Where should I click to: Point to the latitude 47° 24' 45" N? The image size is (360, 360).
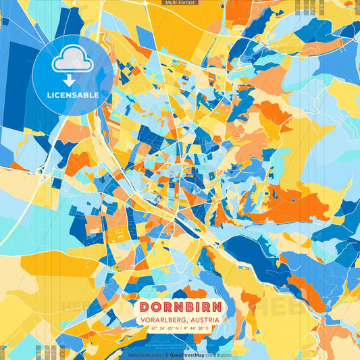(x=166, y=328)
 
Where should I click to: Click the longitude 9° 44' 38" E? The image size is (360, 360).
(x=195, y=328)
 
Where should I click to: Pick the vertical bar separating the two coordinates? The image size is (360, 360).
(x=181, y=328)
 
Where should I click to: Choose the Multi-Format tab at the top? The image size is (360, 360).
(x=179, y=3)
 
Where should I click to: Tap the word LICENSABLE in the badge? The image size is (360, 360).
(x=73, y=95)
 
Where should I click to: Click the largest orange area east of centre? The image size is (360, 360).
(x=290, y=206)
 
